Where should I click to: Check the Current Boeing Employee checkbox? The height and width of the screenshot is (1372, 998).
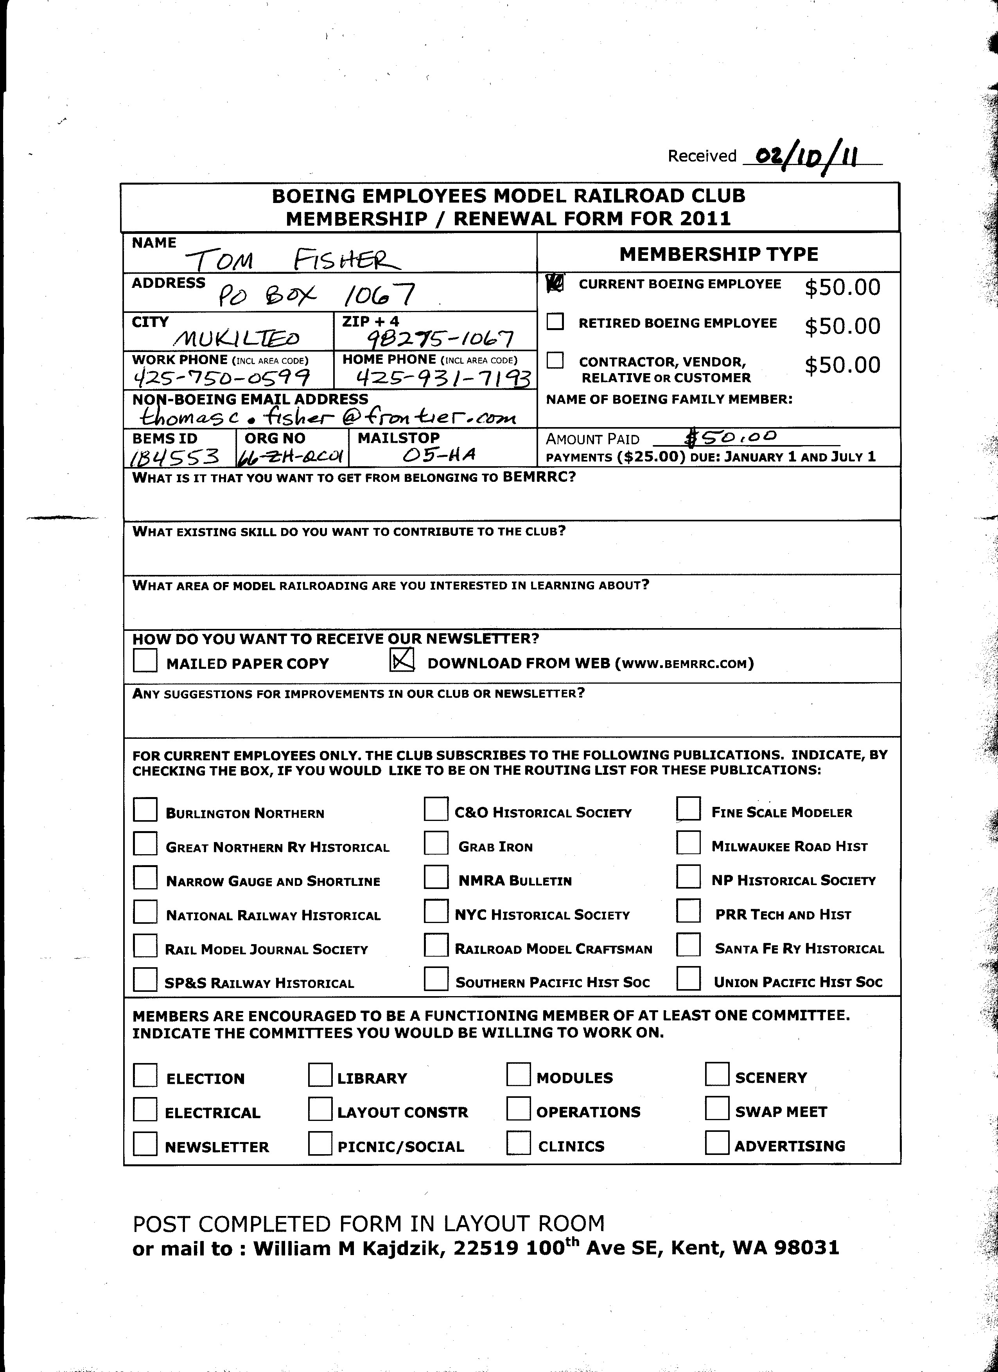click(x=555, y=283)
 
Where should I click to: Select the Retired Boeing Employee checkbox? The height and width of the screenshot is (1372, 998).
click(x=555, y=322)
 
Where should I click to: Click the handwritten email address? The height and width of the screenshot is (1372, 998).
click(x=327, y=416)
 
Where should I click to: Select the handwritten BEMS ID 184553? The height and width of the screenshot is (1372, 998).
click(x=174, y=456)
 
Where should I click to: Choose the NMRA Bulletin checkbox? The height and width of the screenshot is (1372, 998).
click(x=436, y=877)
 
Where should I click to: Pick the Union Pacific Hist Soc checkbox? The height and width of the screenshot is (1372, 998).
click(x=688, y=979)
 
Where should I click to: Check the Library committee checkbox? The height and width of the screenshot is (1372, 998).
click(x=320, y=1074)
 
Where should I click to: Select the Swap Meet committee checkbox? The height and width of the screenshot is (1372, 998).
click(x=717, y=1108)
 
